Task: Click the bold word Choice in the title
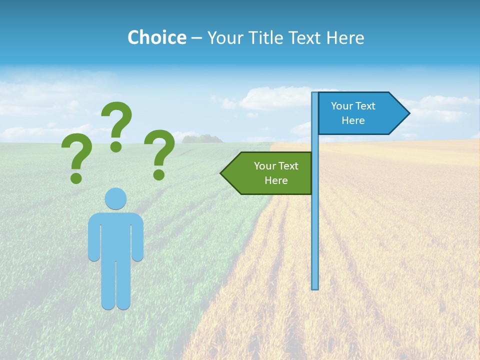tap(156, 37)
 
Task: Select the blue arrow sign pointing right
tap(360, 113)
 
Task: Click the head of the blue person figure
tap(115, 198)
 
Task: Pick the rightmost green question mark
tap(160, 152)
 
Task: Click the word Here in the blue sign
tap(353, 120)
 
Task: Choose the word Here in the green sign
tap(276, 180)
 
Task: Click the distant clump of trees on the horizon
tap(202, 138)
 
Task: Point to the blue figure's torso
tap(115, 235)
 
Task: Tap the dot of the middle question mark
tap(116, 146)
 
